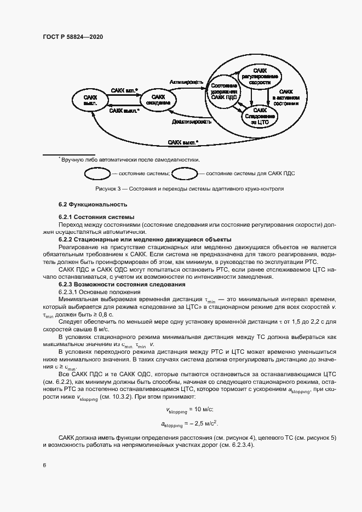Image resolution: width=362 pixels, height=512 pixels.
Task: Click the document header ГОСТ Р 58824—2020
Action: tap(72, 37)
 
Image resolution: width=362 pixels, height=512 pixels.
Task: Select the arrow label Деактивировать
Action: tap(191, 122)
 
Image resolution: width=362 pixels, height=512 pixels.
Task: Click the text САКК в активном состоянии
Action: tap(285, 97)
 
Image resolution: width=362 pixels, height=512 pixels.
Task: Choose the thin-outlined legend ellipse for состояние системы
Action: tap(96, 174)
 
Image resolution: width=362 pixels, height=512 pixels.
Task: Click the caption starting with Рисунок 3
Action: tap(189, 189)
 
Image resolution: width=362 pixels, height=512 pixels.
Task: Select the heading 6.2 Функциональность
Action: tap(93, 205)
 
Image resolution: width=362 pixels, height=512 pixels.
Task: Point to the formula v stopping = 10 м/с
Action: tap(189, 410)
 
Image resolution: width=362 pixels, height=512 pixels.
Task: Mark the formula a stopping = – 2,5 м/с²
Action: tap(189, 423)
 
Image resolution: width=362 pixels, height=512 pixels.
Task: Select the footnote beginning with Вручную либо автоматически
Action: tap(129, 159)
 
